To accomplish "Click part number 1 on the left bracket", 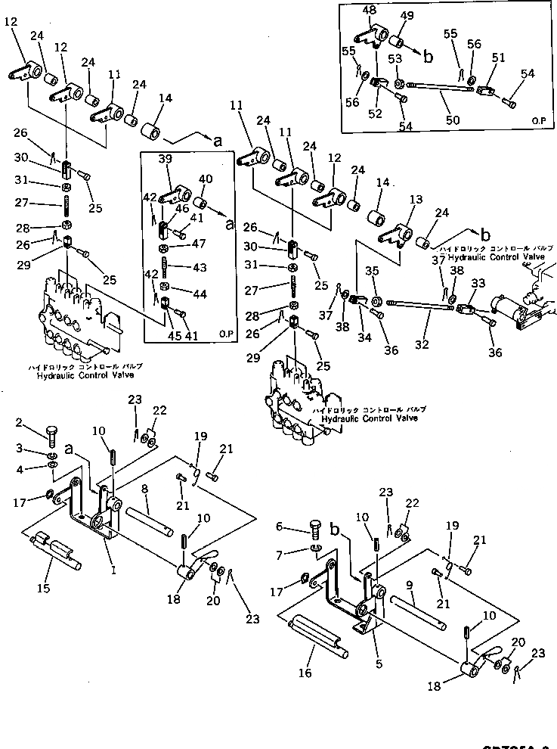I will pos(113,550).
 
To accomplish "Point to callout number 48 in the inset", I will pos(370,10).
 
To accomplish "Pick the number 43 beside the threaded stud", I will pos(199,267).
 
